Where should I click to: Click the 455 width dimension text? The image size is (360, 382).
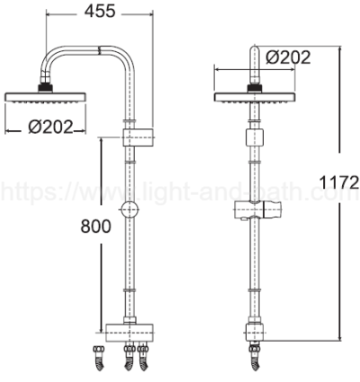98,12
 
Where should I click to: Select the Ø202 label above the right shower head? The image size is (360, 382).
289,58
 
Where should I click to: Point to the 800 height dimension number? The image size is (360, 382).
95,227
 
